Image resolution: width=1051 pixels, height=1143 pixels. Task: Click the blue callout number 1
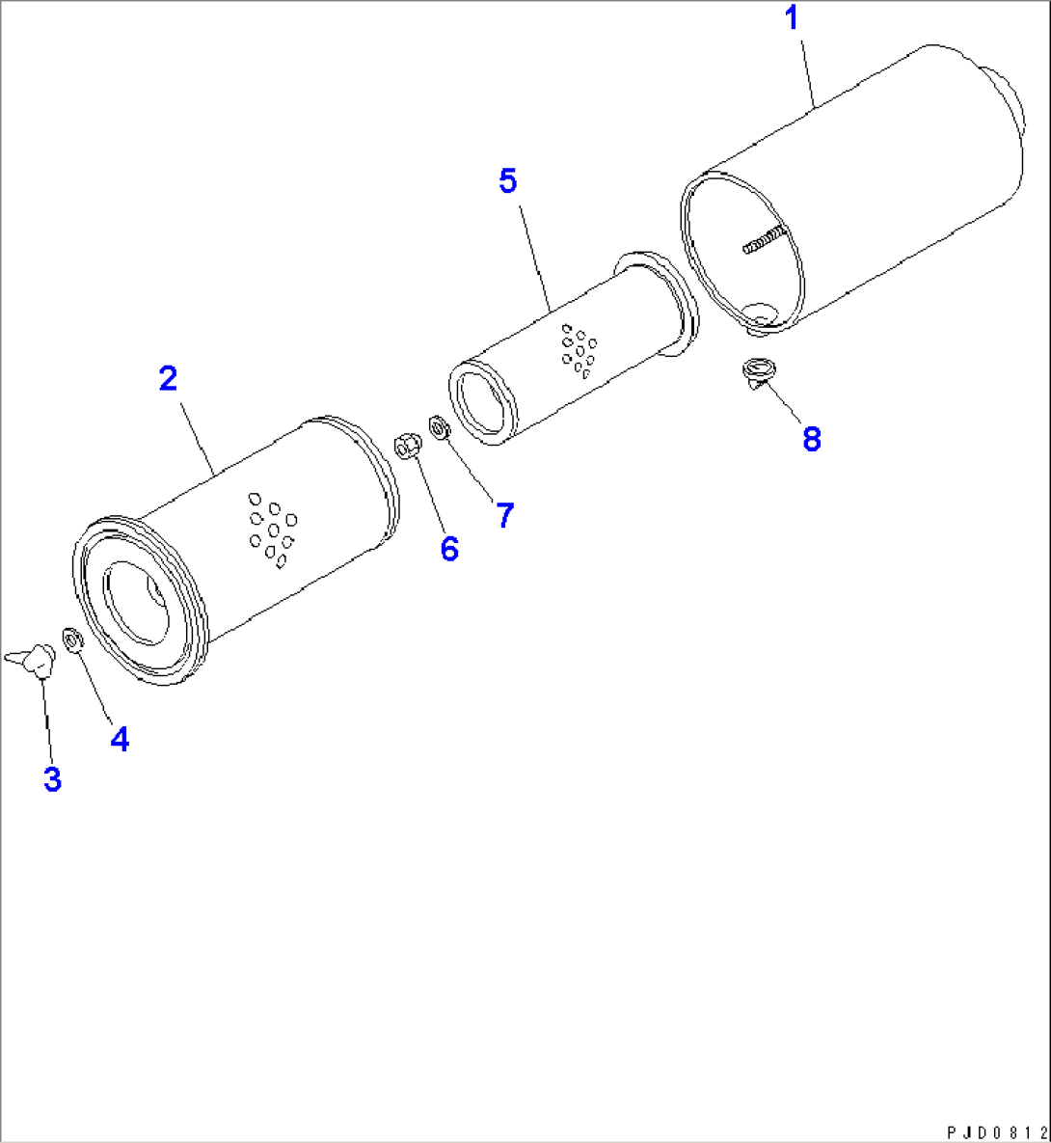(793, 18)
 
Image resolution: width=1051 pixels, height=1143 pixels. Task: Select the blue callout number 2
(169, 378)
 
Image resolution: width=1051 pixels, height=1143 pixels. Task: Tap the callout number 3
(52, 778)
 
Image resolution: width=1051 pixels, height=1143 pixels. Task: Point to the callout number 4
(121, 739)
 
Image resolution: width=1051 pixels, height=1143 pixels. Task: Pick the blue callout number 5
(508, 180)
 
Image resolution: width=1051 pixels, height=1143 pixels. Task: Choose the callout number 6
(449, 549)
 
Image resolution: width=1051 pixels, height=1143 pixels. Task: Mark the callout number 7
(505, 515)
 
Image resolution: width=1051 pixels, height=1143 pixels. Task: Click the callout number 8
(812, 439)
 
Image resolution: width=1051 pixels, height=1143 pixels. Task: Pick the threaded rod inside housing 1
(765, 240)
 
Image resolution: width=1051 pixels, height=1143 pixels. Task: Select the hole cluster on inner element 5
(579, 352)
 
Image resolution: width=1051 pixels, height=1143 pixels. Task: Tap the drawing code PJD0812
(996, 1132)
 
